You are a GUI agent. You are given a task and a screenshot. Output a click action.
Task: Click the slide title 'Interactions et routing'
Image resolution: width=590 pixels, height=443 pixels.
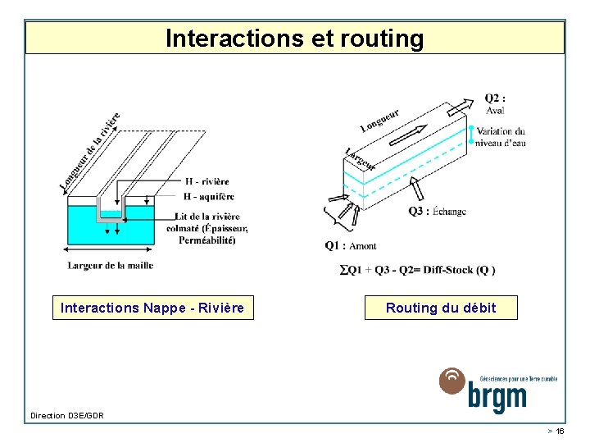coord(295,38)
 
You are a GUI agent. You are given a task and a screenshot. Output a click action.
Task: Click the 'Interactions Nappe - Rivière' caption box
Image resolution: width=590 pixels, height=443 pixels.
coord(153,308)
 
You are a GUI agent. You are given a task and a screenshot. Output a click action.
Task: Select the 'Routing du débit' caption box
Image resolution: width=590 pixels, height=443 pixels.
coord(441,308)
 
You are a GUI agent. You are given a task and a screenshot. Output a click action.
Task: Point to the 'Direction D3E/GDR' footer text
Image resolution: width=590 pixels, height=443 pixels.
coord(67,416)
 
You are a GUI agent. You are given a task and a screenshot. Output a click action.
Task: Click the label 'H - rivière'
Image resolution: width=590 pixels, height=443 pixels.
coord(207,181)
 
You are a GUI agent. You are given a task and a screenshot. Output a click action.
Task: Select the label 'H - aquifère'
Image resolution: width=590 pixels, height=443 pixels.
coord(209,196)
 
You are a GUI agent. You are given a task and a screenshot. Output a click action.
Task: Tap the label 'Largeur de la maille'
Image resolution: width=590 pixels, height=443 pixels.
coord(110,265)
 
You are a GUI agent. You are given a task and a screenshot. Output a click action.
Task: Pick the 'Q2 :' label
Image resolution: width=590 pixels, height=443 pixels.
coord(495,98)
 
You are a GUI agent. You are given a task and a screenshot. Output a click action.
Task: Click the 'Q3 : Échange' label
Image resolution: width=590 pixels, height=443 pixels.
coord(438,211)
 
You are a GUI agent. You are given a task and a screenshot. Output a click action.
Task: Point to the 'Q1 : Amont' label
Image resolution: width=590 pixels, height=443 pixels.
coord(351,245)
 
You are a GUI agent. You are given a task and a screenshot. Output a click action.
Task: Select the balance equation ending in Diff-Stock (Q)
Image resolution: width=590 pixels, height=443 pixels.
coord(417,270)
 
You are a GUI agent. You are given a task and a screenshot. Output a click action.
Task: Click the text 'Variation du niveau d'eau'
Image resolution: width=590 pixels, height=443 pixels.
coord(501,137)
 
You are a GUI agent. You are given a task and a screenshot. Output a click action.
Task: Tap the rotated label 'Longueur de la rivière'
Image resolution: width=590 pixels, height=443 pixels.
coord(91,152)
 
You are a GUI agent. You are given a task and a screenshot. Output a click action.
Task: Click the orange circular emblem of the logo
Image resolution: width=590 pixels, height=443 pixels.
coord(452,381)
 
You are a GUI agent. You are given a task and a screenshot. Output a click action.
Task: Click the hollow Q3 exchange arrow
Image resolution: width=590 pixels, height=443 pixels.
coord(417,190)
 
